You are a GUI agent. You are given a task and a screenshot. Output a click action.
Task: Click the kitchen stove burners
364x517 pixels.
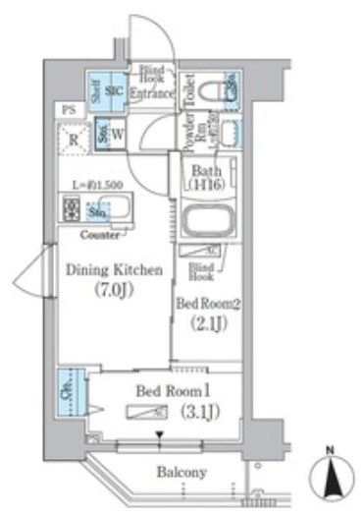coord(71,208)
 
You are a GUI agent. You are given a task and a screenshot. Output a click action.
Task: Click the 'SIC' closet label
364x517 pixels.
coord(116,91)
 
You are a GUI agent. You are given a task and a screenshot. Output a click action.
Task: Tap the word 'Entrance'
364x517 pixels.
coord(156,94)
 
